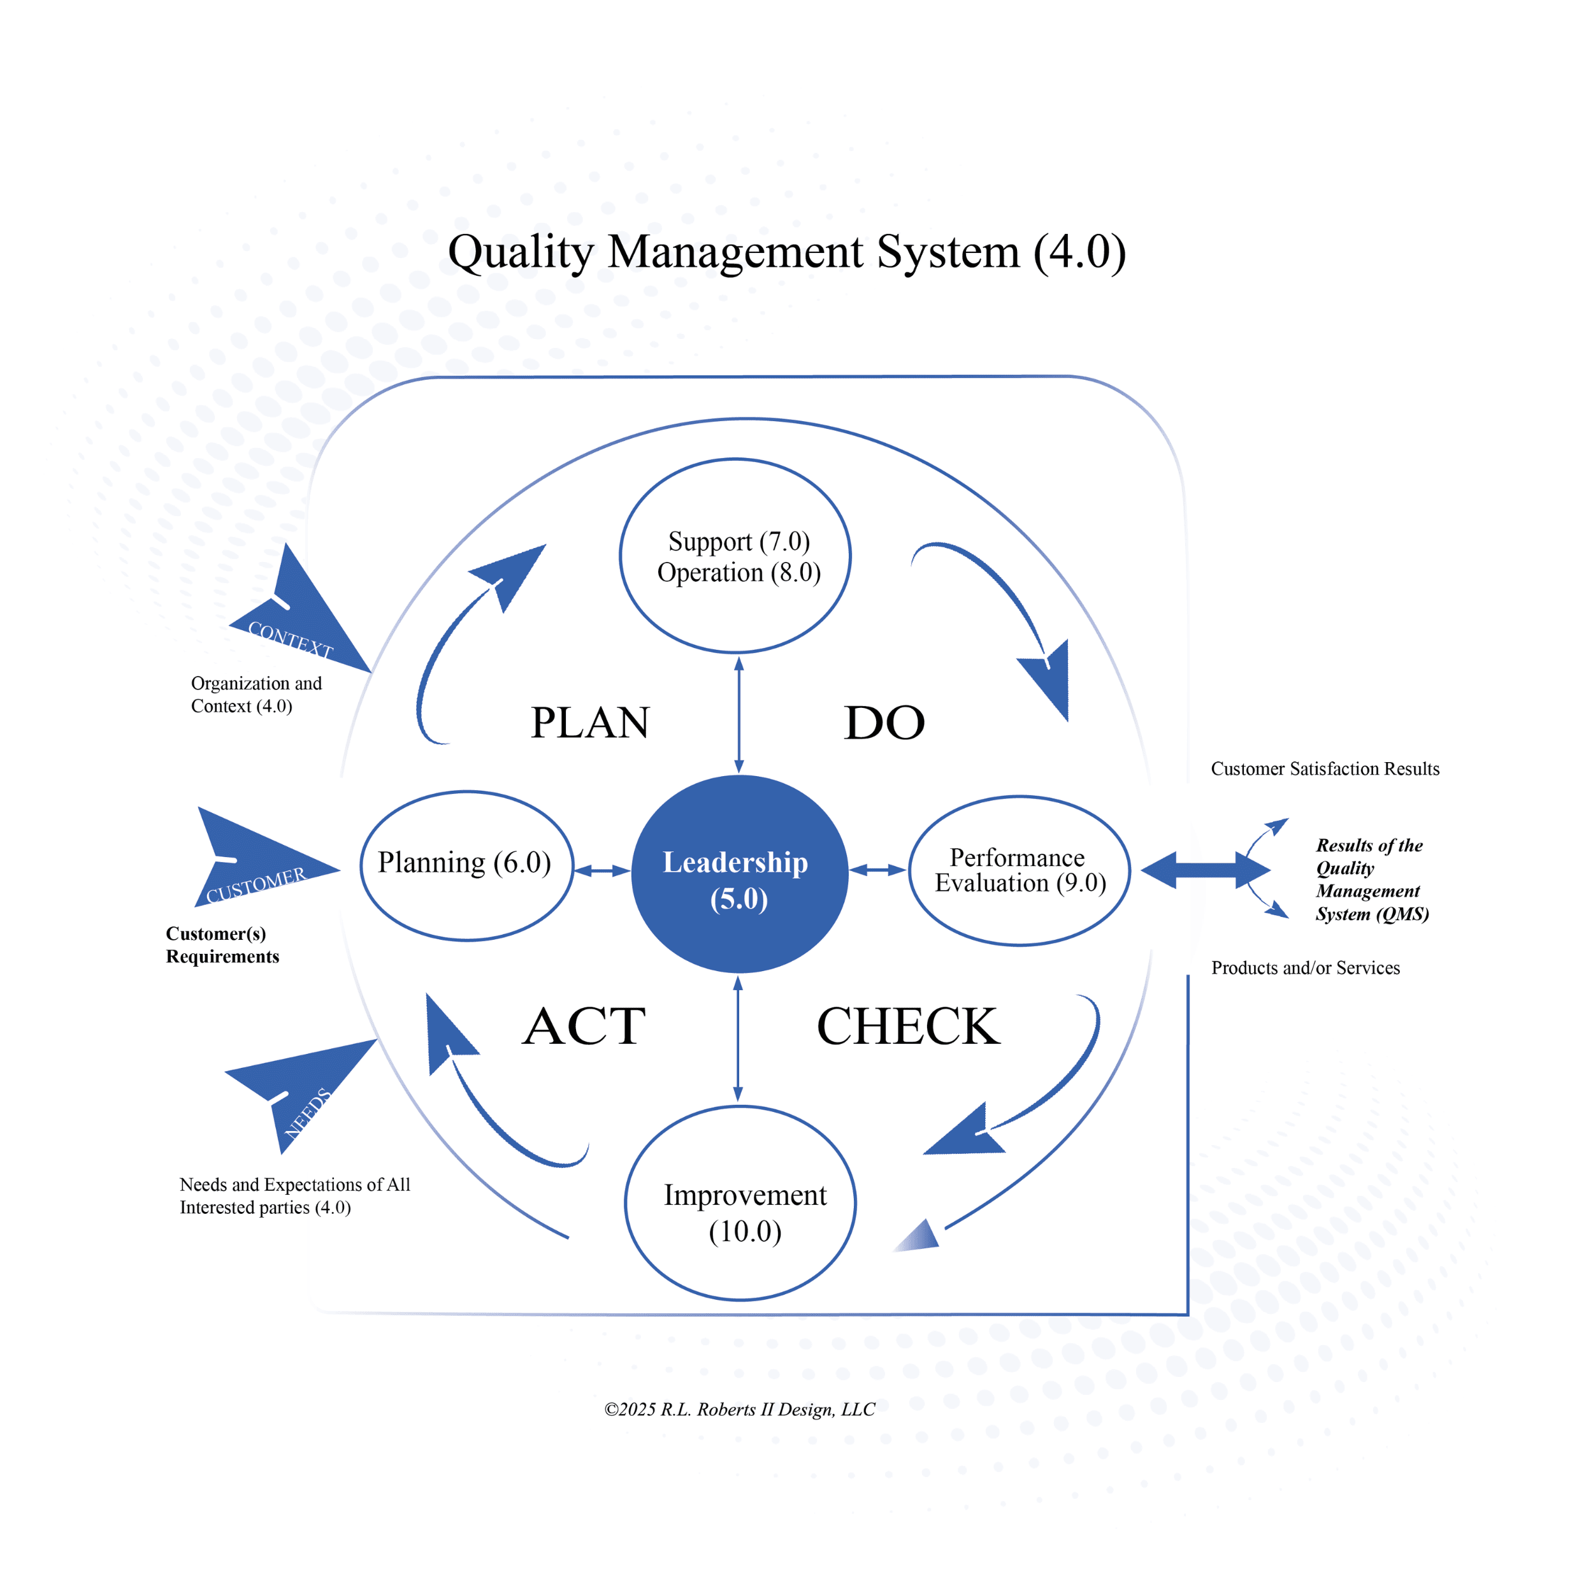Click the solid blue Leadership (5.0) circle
tap(739, 874)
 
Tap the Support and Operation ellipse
tap(735, 556)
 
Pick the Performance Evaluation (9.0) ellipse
tap(1019, 870)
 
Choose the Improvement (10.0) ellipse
tap(740, 1203)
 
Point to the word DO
tap(884, 723)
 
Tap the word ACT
tap(584, 1027)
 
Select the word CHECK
tap(908, 1027)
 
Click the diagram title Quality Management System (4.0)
tap(786, 252)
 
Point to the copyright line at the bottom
tap(740, 1409)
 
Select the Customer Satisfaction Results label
tap(1325, 768)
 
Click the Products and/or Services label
tap(1305, 968)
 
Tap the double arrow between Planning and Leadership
tap(602, 870)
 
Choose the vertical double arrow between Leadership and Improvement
tap(738, 1039)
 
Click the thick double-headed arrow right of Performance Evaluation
tap(1206, 870)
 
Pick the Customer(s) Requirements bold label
tap(222, 945)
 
